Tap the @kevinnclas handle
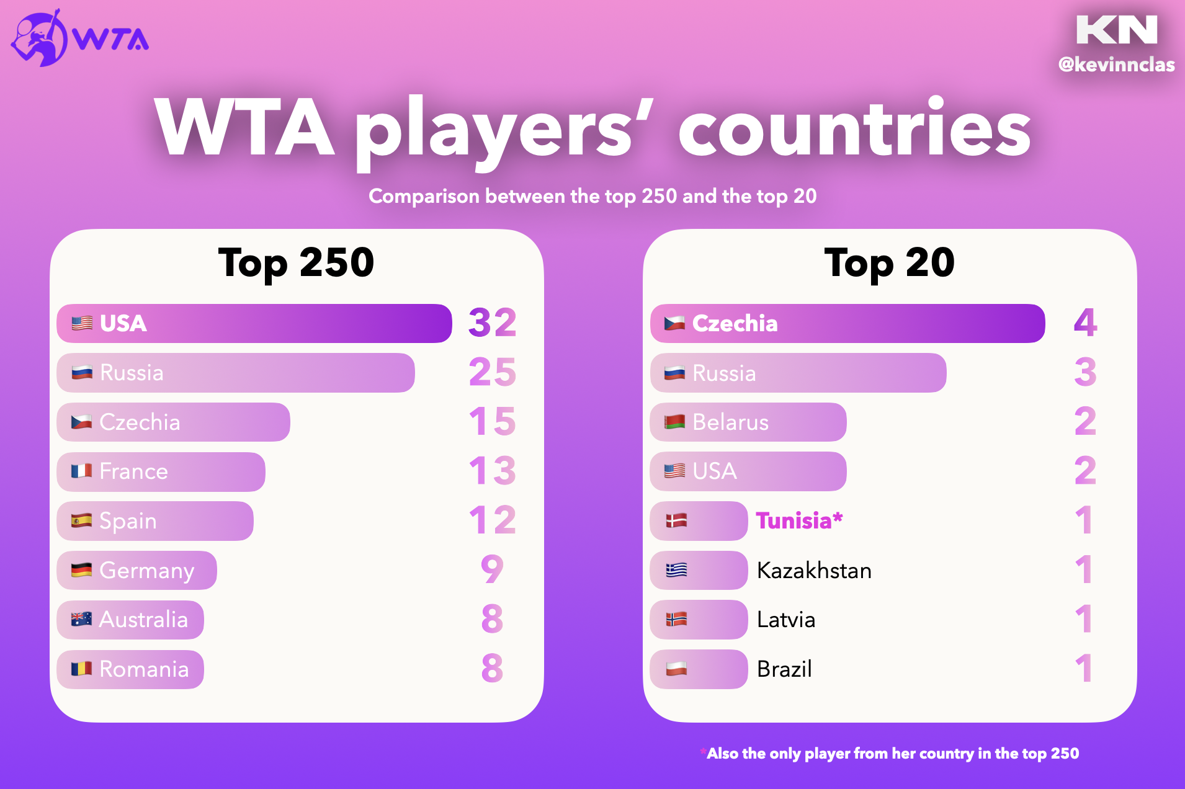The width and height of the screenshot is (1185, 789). pos(1116,65)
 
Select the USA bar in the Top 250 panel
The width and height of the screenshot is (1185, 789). pos(254,323)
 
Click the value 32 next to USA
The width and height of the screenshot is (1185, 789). pos(492,323)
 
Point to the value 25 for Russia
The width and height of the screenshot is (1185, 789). pos(492,372)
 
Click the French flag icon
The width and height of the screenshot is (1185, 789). pos(81,471)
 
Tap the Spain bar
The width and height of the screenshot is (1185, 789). pos(155,521)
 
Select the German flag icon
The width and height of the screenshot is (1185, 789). pos(81,570)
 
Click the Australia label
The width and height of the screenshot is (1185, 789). pos(143,620)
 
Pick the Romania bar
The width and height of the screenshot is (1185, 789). pos(130,669)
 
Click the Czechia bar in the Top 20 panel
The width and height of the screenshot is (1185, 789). pos(847,323)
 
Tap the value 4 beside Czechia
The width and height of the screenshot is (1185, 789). pos(1085,323)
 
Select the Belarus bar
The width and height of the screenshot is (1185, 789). pos(748,422)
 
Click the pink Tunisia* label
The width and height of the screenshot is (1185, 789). pos(799,521)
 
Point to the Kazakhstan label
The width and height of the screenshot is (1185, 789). pos(814,571)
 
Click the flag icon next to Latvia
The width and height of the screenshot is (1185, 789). pos(676,619)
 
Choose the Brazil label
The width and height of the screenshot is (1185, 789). pos(784,669)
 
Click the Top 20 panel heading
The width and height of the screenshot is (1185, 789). pos(889,263)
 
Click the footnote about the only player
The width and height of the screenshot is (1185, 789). pos(892,754)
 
